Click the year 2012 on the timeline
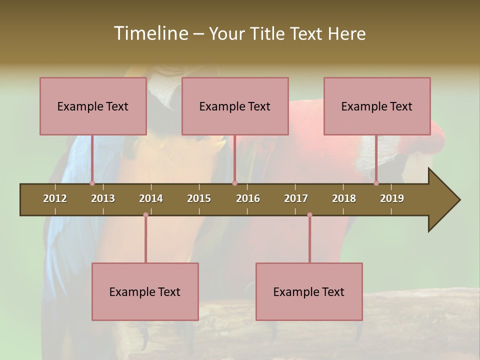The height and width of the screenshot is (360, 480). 55,198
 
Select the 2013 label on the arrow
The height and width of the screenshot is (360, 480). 103,198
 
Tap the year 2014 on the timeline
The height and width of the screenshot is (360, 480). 151,198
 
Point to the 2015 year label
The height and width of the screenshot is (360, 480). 199,198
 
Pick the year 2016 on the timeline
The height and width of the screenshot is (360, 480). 248,198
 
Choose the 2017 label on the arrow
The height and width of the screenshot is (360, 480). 296,198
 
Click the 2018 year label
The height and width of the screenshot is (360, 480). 344,198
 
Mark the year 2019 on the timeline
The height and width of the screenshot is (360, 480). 392,198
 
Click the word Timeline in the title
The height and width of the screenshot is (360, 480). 150,33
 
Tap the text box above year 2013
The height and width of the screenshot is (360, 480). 92,106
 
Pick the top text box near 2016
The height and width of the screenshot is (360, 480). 234,106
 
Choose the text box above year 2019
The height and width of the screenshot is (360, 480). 376,106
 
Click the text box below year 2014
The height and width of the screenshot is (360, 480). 144,291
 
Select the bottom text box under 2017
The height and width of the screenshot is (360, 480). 308,291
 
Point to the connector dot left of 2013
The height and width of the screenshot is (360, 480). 92,183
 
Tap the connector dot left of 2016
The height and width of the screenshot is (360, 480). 234,183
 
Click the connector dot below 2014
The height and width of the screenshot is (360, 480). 145,215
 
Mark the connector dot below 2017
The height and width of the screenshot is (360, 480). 309,215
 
